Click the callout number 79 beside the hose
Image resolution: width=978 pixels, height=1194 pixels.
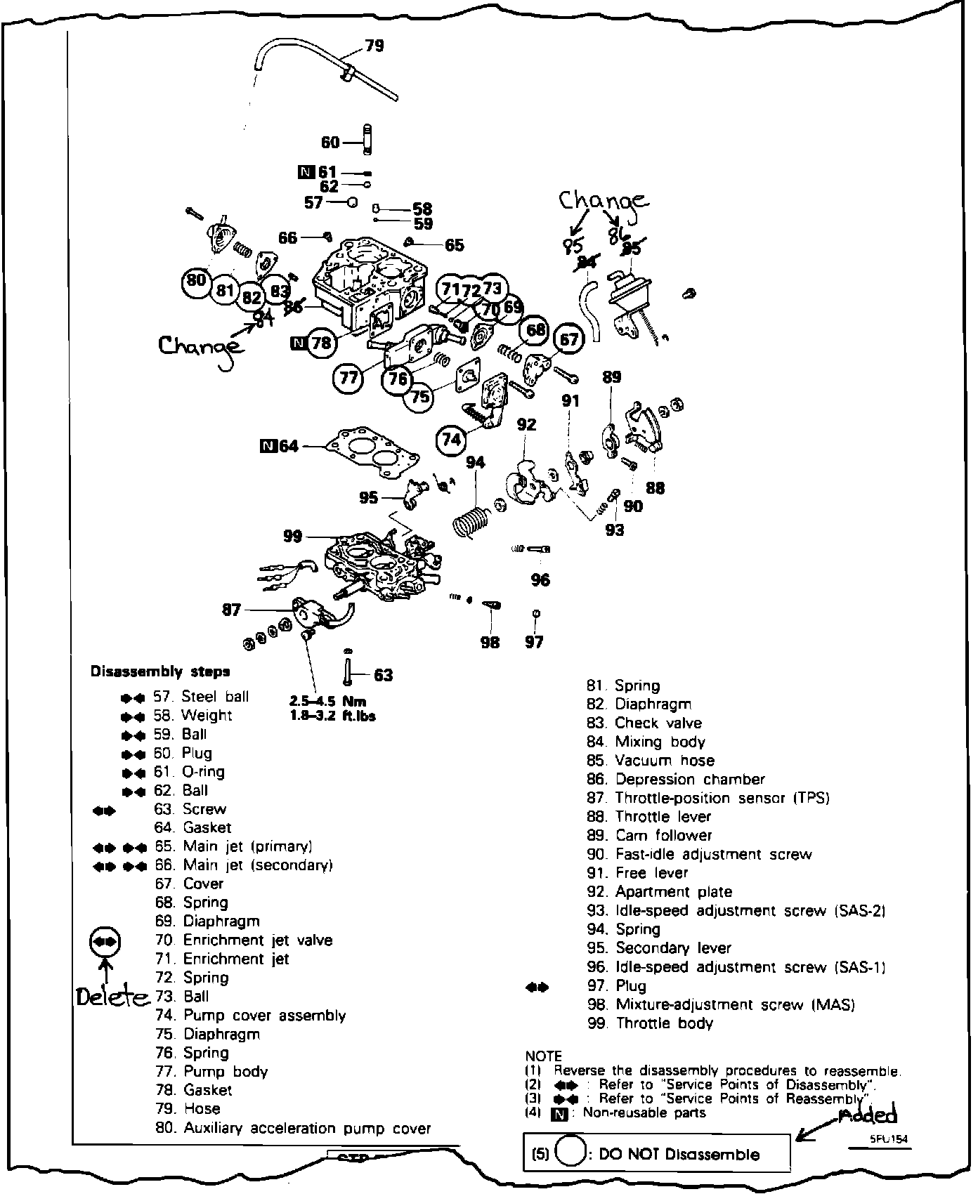tap(375, 46)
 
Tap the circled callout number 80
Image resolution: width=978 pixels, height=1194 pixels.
tap(197, 280)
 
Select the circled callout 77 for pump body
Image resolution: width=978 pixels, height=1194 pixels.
tap(348, 379)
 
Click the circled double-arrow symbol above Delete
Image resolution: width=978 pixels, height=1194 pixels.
tap(105, 941)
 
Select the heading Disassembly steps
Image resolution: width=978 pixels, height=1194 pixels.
tap(160, 671)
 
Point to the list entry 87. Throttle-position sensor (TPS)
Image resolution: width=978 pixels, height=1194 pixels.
tap(708, 798)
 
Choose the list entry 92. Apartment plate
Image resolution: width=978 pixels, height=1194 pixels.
tap(660, 892)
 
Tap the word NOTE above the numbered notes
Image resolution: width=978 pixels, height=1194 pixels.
tap(543, 1056)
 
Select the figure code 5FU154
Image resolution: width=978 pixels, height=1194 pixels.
tap(888, 1141)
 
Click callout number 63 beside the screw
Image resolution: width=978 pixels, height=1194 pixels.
tap(383, 676)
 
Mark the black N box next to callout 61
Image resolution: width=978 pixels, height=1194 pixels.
tap(306, 171)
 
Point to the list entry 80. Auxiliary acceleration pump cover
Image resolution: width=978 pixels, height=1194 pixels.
tap(292, 1128)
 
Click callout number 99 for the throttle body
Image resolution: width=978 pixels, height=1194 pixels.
tap(293, 537)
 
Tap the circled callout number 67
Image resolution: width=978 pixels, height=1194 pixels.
tap(569, 340)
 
